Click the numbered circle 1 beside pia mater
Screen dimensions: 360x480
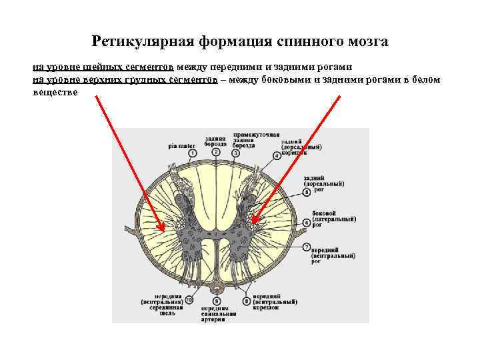[193, 153]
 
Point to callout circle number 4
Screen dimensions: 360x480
[277, 155]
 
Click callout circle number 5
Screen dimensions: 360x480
[307, 192]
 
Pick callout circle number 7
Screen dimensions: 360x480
[307, 248]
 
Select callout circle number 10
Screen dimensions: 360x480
[189, 301]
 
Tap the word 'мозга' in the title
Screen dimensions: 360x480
[367, 42]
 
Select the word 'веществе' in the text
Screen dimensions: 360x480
[55, 93]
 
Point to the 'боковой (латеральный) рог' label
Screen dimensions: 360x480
[329, 219]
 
